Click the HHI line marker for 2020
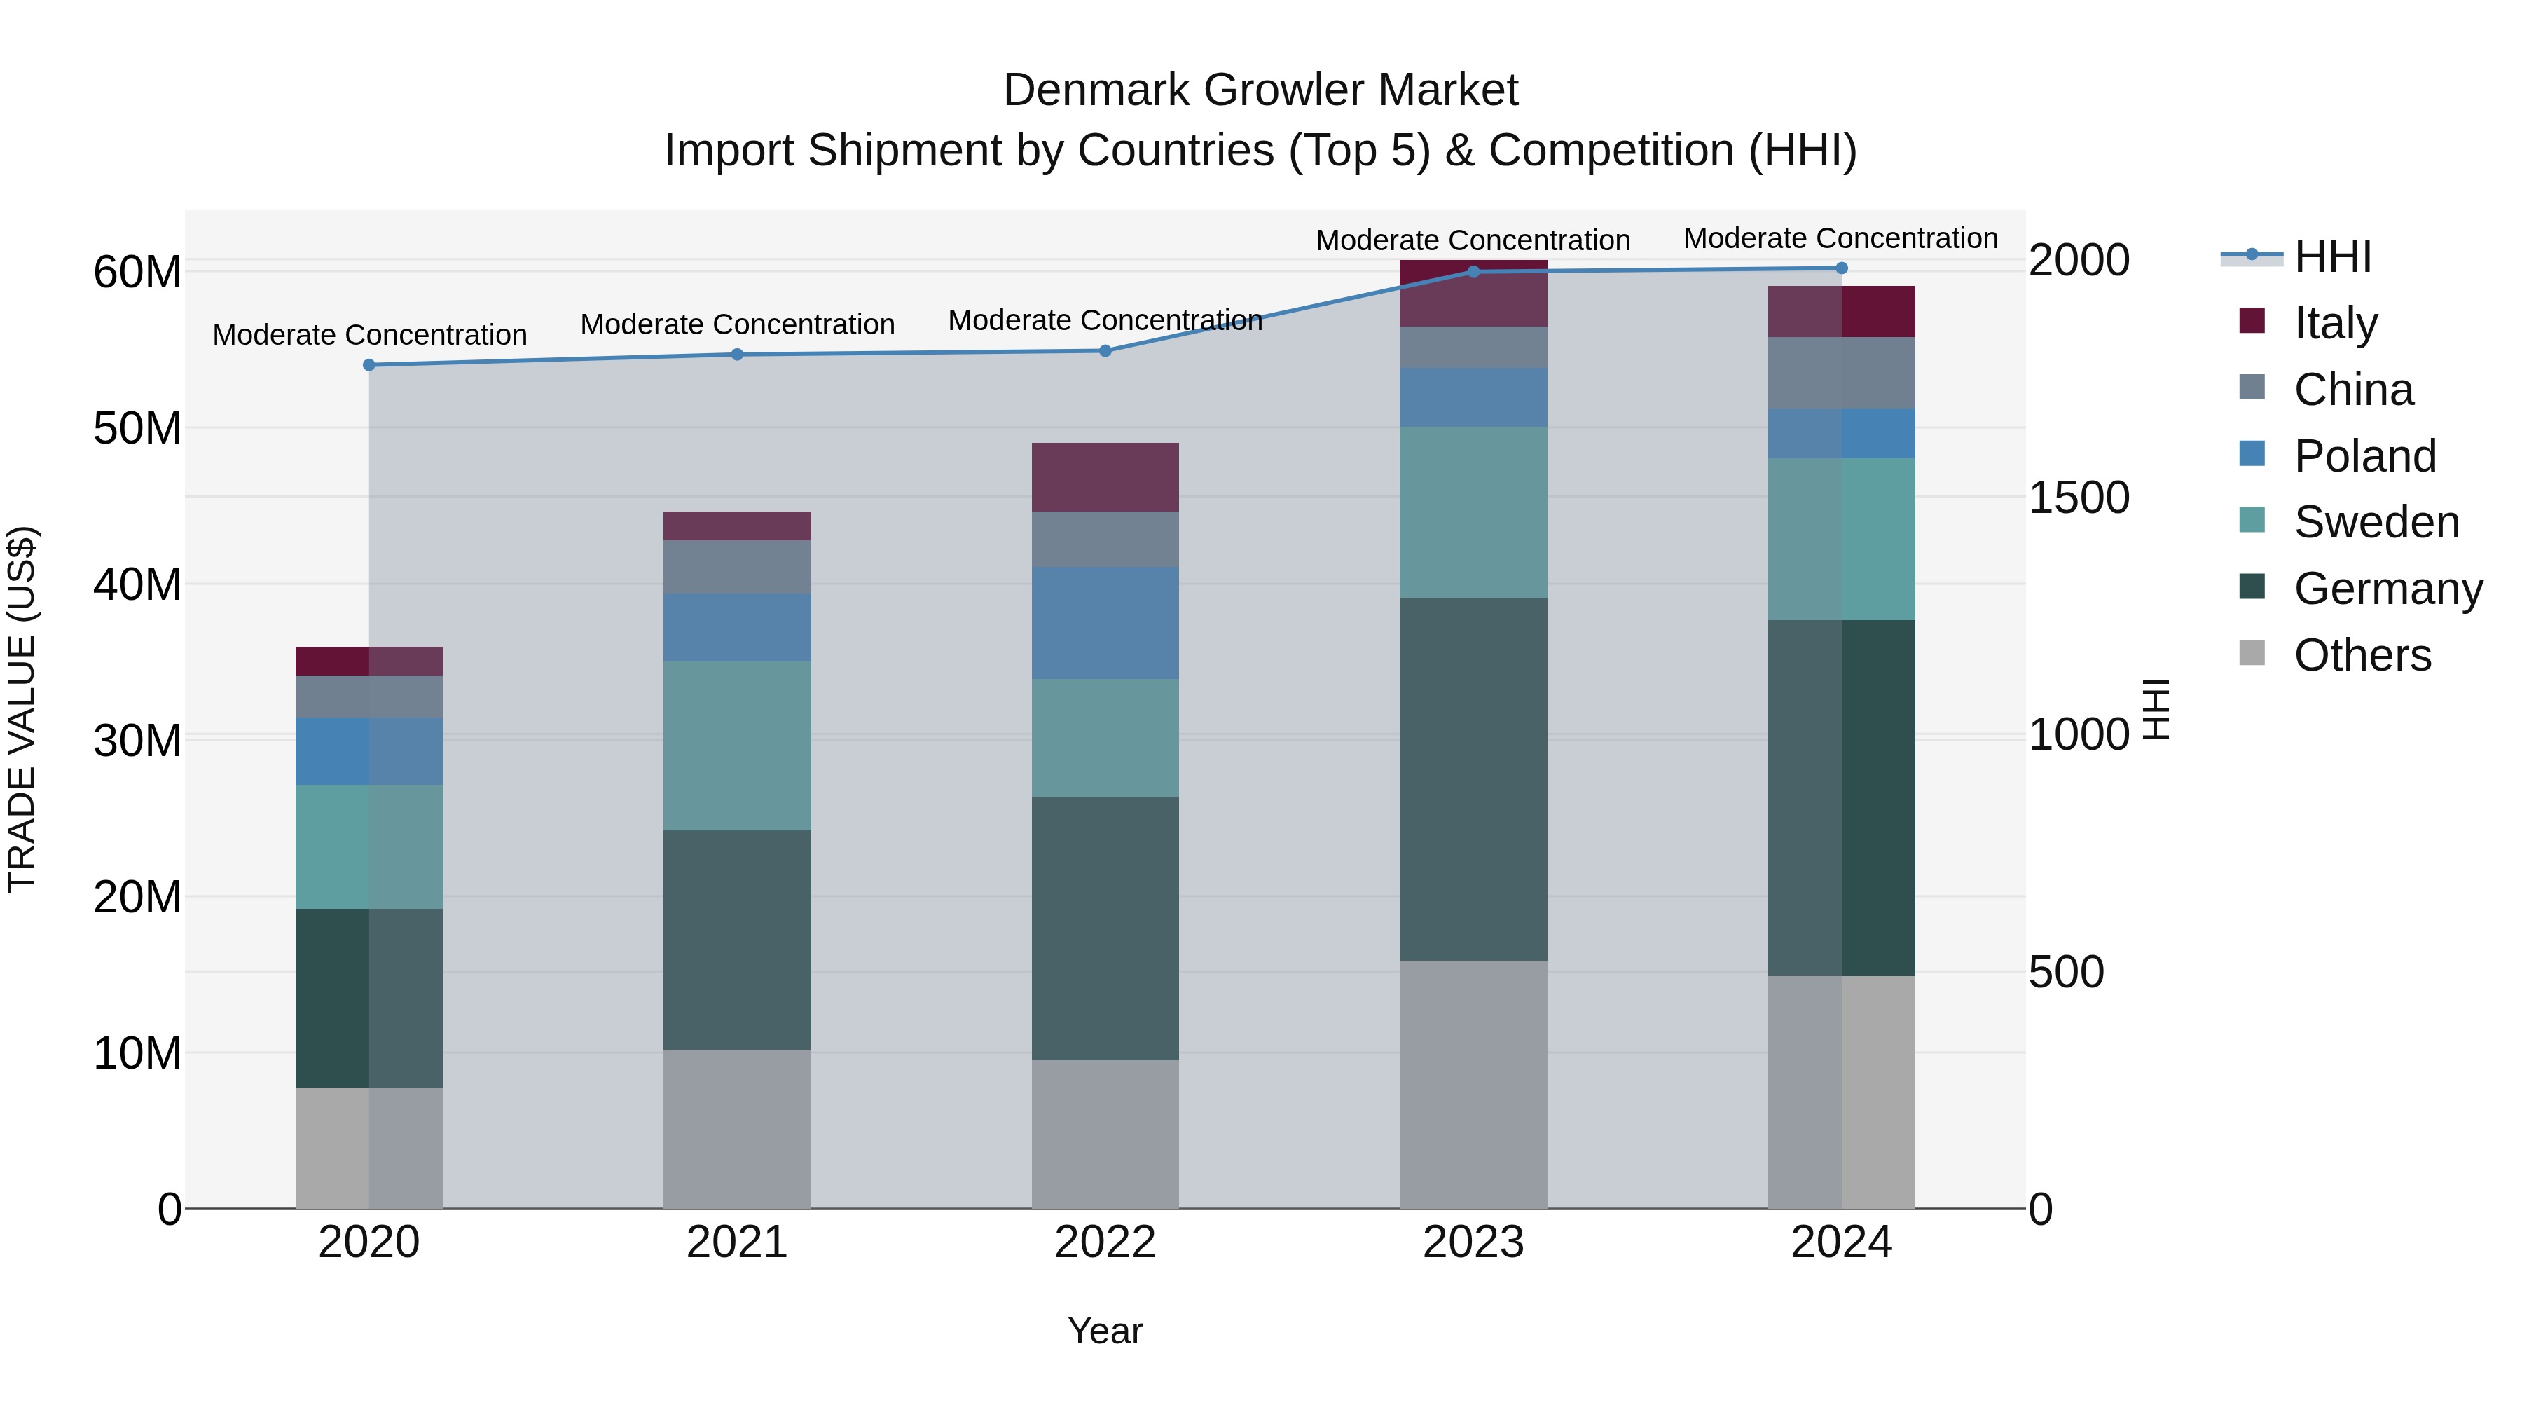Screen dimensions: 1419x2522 369,365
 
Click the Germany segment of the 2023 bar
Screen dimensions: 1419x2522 1473,779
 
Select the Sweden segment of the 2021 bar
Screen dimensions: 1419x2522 736,746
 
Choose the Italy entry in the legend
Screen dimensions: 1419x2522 2335,323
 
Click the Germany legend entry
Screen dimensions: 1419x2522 2387,589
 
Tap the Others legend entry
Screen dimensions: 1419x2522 2362,655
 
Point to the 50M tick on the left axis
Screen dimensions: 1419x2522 137,429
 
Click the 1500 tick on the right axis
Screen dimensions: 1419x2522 2078,498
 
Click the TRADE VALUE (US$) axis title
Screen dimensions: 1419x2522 22,709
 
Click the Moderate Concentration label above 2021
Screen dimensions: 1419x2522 736,324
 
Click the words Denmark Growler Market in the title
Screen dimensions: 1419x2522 1260,90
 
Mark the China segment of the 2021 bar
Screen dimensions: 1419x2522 736,567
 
